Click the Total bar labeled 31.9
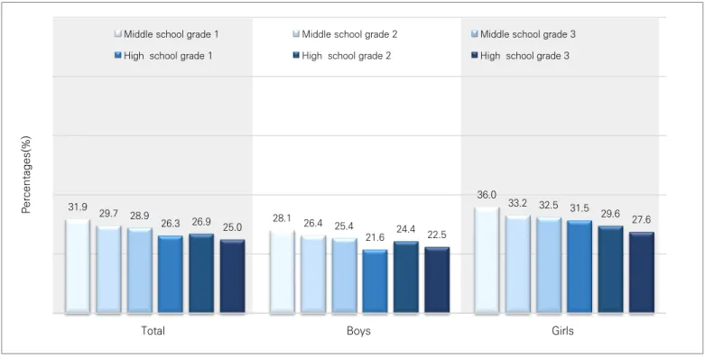[x=78, y=265]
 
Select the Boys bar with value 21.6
[x=375, y=281]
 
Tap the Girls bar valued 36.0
[x=487, y=260]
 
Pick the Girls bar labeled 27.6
[x=642, y=272]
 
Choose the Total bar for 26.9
[x=201, y=272]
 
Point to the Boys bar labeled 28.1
[x=282, y=272]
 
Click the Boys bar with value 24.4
[x=406, y=277]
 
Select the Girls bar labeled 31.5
[x=580, y=266]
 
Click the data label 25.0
[x=232, y=228]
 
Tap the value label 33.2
[x=517, y=203]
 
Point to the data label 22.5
[x=437, y=235]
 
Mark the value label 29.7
[x=108, y=214]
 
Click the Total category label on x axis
[x=153, y=331]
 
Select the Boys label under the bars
[x=358, y=331]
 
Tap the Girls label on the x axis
[x=563, y=331]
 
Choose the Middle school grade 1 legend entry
[x=167, y=34]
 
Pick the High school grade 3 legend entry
[x=520, y=56]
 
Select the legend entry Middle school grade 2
[x=346, y=34]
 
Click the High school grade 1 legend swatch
[x=117, y=56]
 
